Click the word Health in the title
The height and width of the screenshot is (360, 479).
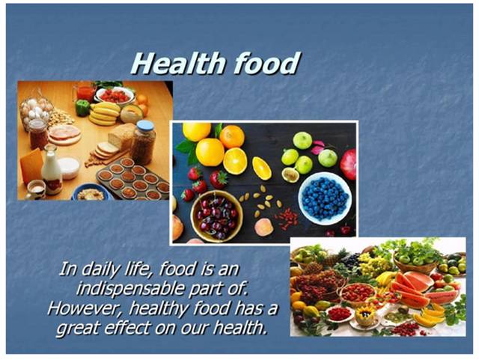180,64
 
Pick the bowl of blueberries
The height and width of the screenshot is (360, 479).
325,198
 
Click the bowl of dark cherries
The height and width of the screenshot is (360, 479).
216,216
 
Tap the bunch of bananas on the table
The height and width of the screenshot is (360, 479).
104,113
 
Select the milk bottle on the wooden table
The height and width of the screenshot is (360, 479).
52,170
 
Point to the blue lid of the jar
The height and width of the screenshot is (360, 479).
145,126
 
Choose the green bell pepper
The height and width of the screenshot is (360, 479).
82,108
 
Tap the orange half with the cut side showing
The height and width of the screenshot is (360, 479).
234,161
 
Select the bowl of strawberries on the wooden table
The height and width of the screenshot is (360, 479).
115,95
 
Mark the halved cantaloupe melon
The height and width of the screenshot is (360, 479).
132,114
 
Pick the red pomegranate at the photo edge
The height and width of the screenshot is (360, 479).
348,165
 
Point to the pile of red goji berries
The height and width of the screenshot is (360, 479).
287,219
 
